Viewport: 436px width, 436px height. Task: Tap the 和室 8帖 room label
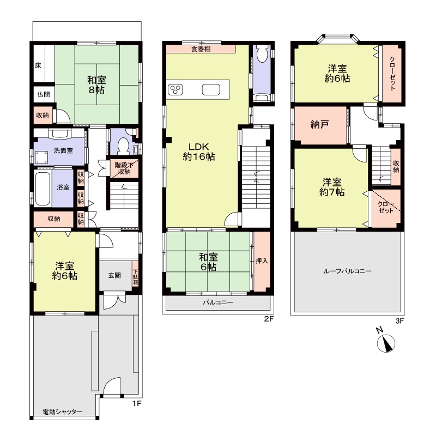click(96, 85)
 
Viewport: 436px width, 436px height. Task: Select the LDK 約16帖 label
click(199, 152)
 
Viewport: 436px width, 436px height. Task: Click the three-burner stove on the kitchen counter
click(175, 89)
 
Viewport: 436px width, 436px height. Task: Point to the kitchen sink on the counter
click(211, 89)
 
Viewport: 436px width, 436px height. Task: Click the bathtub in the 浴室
click(43, 189)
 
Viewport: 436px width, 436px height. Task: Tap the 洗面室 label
click(63, 151)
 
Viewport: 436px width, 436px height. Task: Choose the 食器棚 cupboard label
click(201, 49)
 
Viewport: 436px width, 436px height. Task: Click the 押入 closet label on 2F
click(262, 261)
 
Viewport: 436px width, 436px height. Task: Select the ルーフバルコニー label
click(347, 271)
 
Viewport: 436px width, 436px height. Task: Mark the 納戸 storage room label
click(320, 124)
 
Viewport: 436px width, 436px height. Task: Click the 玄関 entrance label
click(114, 275)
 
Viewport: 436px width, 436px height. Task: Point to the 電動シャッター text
click(63, 411)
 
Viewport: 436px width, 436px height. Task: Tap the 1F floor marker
click(137, 403)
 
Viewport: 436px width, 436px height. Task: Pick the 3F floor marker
click(399, 321)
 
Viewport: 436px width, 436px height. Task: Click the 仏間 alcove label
click(44, 94)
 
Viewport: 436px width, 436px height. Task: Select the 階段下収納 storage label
click(124, 168)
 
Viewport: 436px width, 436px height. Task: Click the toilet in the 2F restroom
click(262, 54)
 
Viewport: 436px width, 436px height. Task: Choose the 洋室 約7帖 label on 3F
click(332, 187)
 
